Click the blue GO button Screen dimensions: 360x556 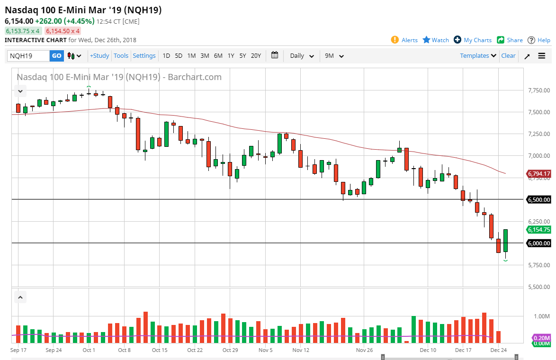pos(56,56)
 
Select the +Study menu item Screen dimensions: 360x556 pos(99,56)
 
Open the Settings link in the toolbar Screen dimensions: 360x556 pos(144,56)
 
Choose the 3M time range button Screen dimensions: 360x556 pos(205,56)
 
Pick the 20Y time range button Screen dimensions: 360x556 pos(256,56)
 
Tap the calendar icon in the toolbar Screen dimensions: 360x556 pos(275,55)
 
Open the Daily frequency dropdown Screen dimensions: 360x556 pos(302,56)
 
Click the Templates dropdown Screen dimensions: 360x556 pos(478,56)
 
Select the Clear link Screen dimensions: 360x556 pos(508,56)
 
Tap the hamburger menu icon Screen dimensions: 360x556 pos(542,56)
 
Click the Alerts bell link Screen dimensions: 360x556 pos(404,40)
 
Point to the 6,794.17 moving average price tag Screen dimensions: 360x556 pos(539,174)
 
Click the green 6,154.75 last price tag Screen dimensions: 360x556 pos(539,230)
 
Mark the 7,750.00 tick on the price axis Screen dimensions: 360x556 pos(539,90)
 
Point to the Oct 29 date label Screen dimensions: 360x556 pos(230,351)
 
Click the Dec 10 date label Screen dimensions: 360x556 pos(428,351)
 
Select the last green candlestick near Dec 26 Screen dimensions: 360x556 pos(505,241)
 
